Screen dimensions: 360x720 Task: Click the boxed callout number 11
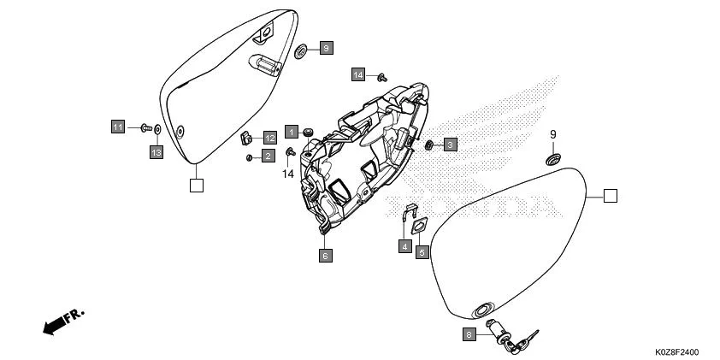click(117, 127)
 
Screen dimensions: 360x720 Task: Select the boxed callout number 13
click(156, 152)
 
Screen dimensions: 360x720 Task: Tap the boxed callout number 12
click(269, 138)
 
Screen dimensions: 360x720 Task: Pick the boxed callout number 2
click(268, 156)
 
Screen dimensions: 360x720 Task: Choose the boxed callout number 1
click(292, 132)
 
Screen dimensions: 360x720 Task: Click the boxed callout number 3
click(450, 145)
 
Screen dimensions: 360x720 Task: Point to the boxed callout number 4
click(404, 246)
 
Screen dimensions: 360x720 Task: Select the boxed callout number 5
click(422, 251)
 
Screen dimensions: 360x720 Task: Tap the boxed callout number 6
click(325, 255)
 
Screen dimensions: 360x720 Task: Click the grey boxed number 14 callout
click(357, 75)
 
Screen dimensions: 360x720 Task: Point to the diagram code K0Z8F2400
click(677, 352)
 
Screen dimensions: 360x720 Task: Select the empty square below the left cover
click(196, 183)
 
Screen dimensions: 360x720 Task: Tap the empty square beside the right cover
click(609, 196)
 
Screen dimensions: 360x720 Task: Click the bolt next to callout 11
click(145, 127)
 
